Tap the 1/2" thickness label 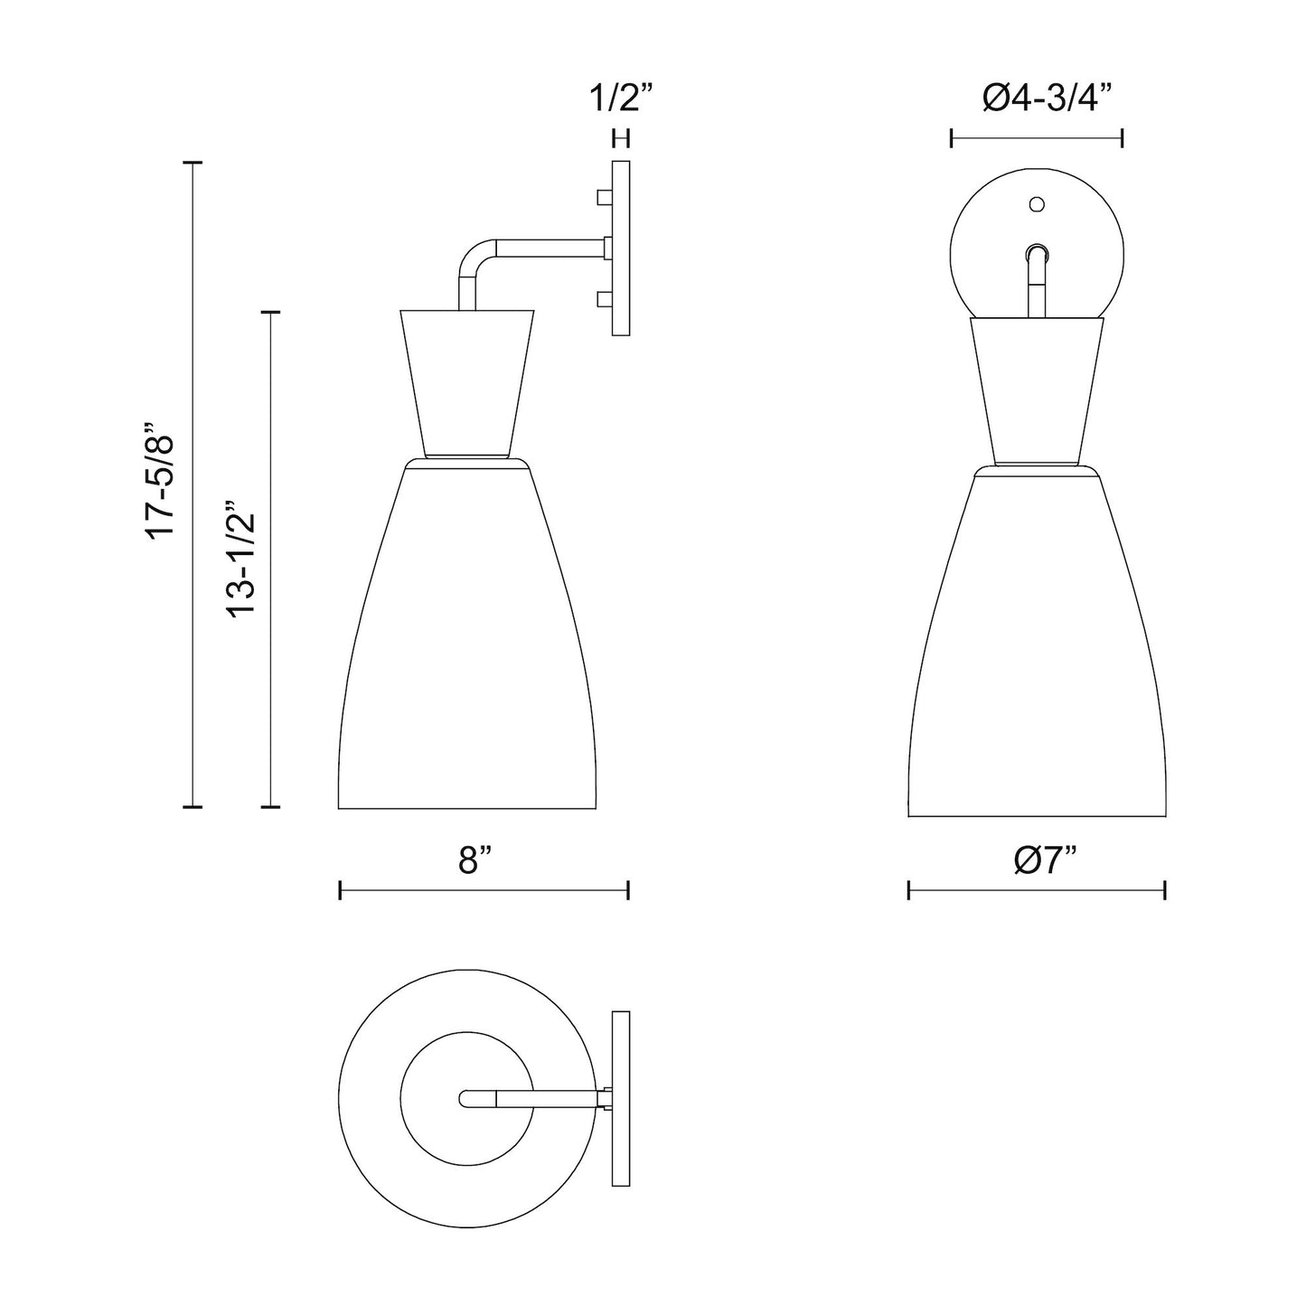click(621, 98)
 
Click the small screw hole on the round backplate click(1037, 204)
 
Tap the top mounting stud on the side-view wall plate click(604, 196)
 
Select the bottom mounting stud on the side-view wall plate click(604, 297)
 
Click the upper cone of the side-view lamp click(466, 380)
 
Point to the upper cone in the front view click(1037, 389)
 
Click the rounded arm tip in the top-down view click(465, 1098)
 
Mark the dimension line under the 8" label click(484, 890)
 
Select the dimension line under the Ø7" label click(1037, 890)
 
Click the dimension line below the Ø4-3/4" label click(1037, 138)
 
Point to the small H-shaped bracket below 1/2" click(621, 138)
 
